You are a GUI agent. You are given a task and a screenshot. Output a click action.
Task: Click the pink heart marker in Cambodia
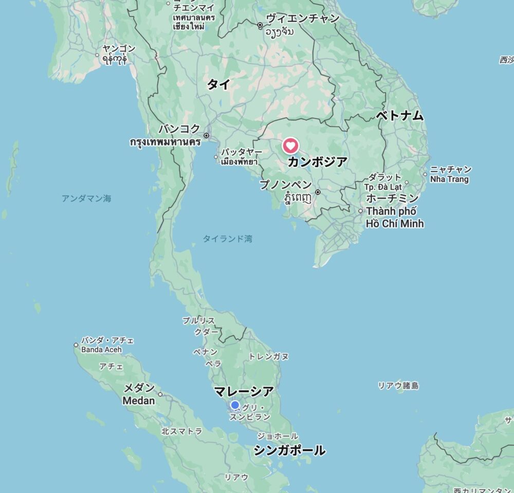(290, 146)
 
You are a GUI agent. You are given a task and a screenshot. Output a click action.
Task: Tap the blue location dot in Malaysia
(235, 405)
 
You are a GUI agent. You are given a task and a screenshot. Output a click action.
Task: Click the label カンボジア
(317, 162)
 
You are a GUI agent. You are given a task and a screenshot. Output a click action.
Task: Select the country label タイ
(218, 85)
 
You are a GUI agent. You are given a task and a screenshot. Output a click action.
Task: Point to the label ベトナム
(399, 116)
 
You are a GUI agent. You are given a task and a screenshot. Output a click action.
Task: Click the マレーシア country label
(244, 391)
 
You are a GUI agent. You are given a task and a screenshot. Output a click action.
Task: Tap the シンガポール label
(289, 450)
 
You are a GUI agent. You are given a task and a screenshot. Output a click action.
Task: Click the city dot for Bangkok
(207, 136)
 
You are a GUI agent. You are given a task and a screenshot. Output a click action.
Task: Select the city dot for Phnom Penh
(318, 192)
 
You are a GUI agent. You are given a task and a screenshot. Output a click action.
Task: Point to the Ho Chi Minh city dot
(361, 211)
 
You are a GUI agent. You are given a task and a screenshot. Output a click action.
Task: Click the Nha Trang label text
(450, 179)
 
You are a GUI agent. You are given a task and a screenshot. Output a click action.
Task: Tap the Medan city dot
(160, 394)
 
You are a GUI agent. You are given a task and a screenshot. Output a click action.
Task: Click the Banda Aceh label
(101, 349)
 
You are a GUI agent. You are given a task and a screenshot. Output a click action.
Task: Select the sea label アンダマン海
(86, 198)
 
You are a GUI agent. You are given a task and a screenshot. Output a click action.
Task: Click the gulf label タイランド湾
(227, 239)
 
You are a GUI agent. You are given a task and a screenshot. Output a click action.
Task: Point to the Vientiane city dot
(260, 25)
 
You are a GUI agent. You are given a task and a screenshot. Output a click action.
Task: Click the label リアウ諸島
(398, 386)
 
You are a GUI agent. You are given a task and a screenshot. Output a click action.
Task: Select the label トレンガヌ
(268, 356)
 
